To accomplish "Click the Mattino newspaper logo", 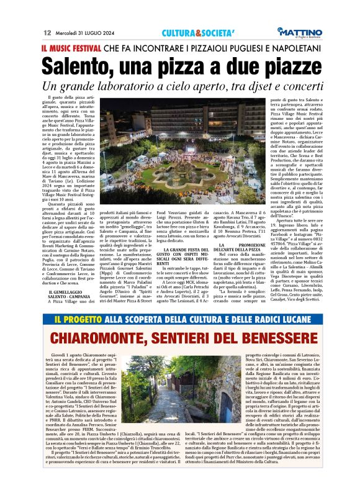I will coord(299,32).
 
